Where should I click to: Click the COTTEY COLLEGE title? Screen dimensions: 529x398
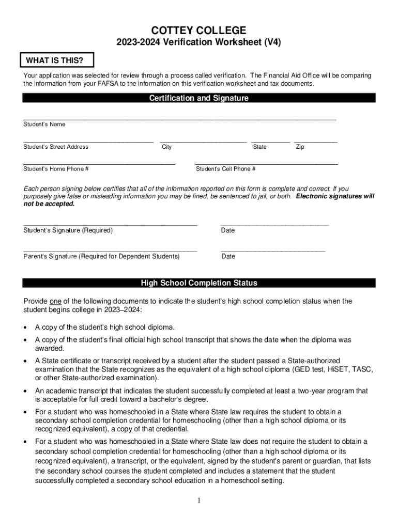(x=198, y=30)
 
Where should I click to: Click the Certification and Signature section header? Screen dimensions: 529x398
(x=198, y=98)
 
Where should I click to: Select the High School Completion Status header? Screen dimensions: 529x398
(x=198, y=283)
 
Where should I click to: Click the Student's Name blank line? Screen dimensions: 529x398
(x=179, y=119)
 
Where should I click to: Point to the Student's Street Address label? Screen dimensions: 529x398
(x=56, y=147)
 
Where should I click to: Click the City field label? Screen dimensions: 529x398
(x=167, y=147)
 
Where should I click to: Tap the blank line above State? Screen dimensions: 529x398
(x=270, y=141)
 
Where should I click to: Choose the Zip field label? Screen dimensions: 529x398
(x=300, y=147)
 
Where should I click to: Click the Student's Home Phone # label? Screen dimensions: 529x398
(x=56, y=169)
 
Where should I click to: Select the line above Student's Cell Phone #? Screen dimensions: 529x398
(x=266, y=164)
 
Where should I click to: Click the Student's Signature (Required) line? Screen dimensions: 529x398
(x=110, y=225)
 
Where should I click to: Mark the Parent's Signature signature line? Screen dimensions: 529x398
(x=110, y=251)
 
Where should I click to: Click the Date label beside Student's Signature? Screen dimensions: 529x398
(x=227, y=230)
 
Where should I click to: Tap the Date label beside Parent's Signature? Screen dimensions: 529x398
(x=227, y=256)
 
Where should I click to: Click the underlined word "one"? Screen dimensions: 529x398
(x=55, y=301)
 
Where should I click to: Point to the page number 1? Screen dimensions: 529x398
(x=198, y=501)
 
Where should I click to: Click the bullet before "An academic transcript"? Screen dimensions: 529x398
(x=26, y=391)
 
